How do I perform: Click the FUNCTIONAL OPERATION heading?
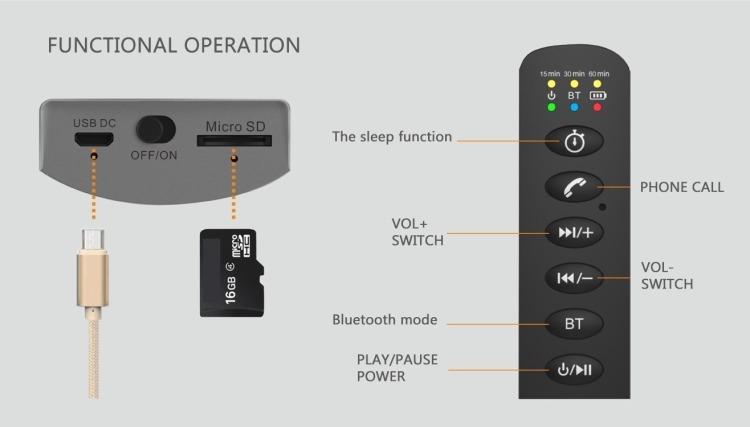(x=174, y=45)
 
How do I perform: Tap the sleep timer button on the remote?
(x=574, y=141)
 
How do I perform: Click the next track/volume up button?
(x=574, y=233)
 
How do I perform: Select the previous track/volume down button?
(x=574, y=278)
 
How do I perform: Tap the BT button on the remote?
(x=574, y=323)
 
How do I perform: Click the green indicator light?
(x=550, y=108)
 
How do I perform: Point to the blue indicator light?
(x=574, y=108)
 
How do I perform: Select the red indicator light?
(x=598, y=108)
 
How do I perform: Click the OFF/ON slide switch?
(x=154, y=131)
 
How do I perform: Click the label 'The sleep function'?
(x=392, y=137)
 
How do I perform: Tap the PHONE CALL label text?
(x=682, y=187)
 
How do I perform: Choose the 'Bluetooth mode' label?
(x=384, y=321)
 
